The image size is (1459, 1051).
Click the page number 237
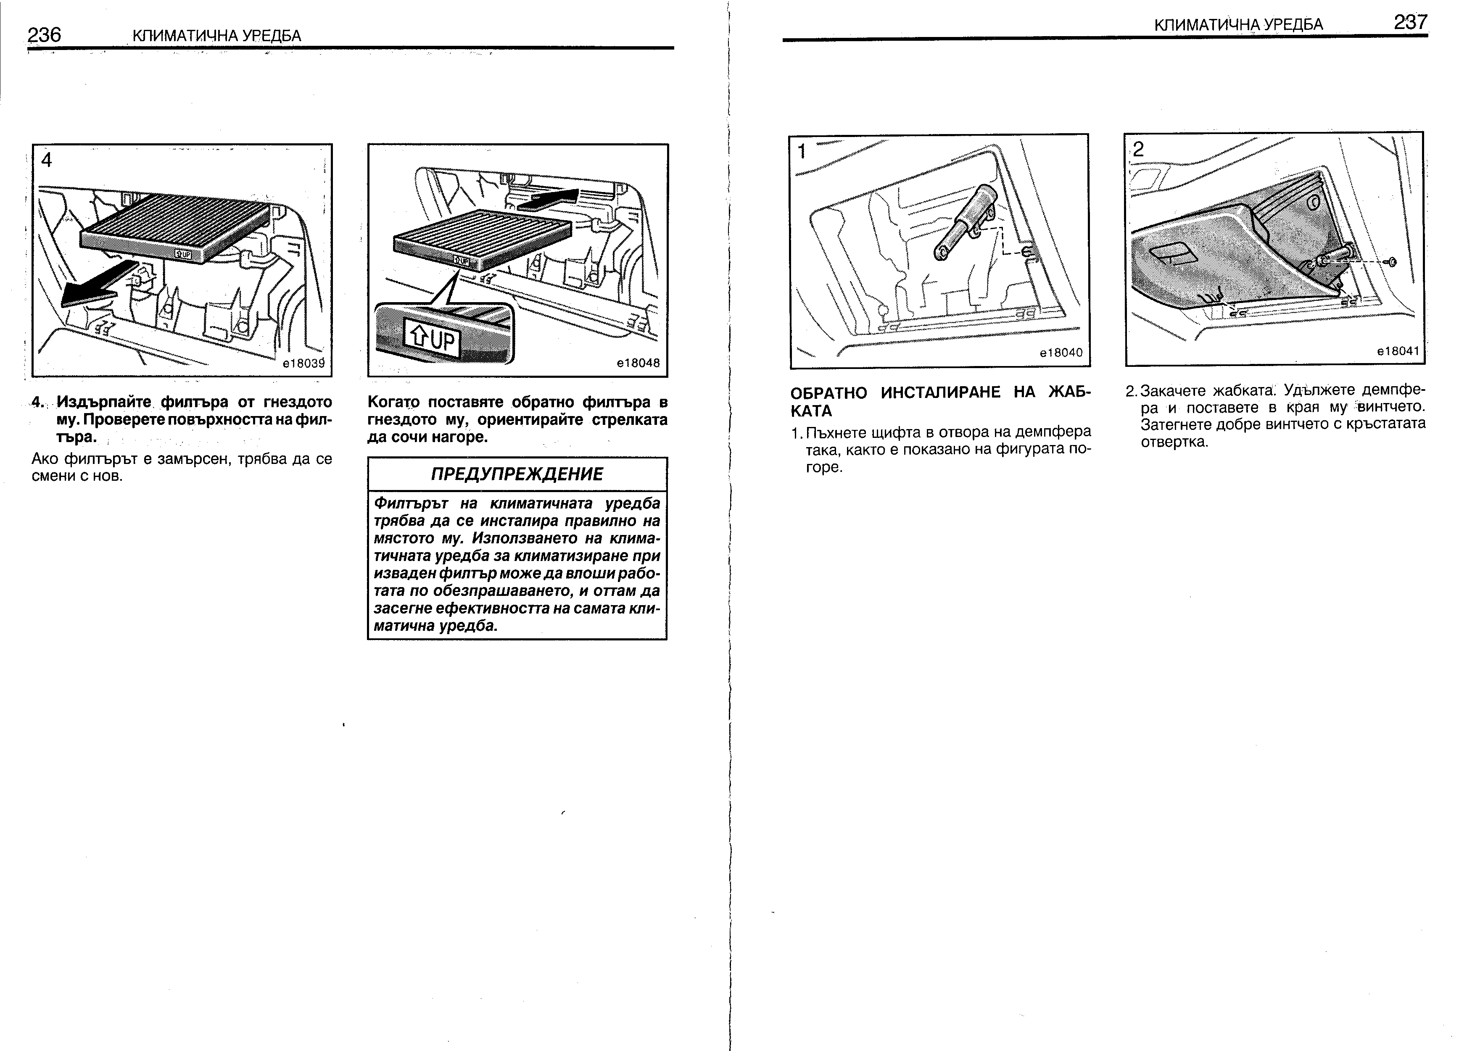(1411, 23)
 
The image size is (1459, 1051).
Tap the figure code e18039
(303, 364)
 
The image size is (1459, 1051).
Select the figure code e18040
(1061, 353)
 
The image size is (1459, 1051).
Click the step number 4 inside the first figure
(46, 160)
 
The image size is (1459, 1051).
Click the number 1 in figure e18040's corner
(802, 152)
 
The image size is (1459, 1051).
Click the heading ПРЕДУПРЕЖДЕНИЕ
(517, 474)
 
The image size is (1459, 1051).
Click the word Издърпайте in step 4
(103, 403)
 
